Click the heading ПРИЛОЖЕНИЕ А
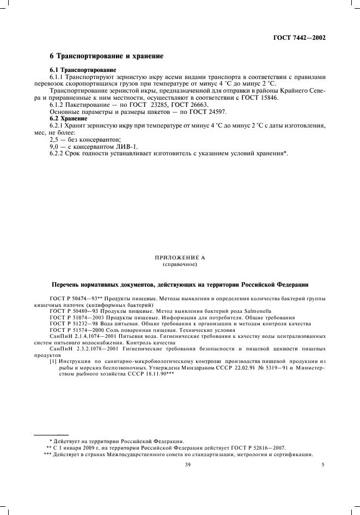click(179, 257)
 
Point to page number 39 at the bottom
click(187, 465)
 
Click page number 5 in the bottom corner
click(323, 465)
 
